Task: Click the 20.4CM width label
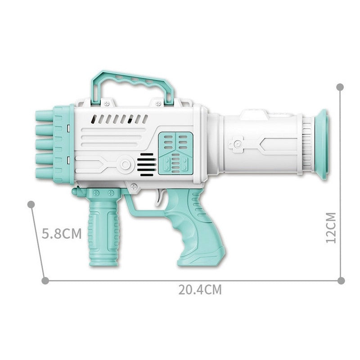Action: pyautogui.click(x=200, y=289)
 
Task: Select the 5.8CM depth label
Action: pyautogui.click(x=62, y=234)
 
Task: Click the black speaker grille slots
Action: pyautogui.click(x=146, y=165)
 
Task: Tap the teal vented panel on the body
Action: pyautogui.click(x=175, y=153)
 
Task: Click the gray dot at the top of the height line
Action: pyautogui.click(x=340, y=86)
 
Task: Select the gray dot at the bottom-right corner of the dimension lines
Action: pyautogui.click(x=341, y=280)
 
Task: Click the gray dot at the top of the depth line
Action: pyautogui.click(x=31, y=204)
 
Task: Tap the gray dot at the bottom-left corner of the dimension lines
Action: pyautogui.click(x=45, y=280)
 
